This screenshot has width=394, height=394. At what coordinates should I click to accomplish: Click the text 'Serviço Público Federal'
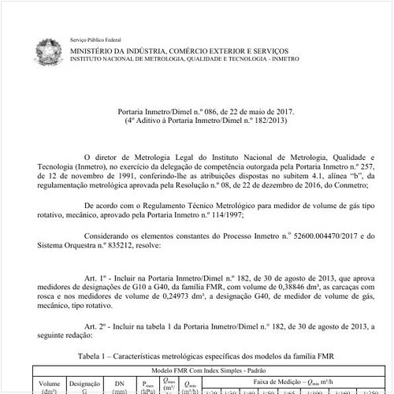[100, 39]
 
